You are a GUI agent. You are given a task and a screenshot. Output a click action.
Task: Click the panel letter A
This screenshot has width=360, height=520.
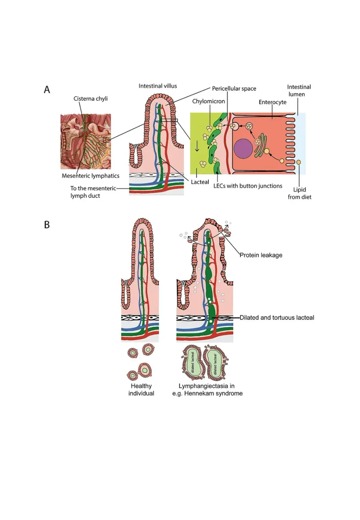(x=47, y=89)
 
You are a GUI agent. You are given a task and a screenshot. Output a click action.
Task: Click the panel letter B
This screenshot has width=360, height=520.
(x=47, y=225)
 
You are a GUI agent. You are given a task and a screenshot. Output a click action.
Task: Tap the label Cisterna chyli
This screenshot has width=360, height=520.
(x=90, y=99)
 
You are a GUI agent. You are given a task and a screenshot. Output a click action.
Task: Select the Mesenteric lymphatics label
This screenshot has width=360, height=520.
(x=90, y=176)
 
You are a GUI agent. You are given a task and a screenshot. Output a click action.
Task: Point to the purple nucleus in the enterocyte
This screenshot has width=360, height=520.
(x=243, y=149)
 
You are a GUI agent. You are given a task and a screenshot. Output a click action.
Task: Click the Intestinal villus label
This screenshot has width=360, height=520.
(x=158, y=86)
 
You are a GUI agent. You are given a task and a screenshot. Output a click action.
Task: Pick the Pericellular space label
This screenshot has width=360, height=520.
(x=234, y=88)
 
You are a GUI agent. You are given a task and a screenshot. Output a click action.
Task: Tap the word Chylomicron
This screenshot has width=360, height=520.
(x=209, y=101)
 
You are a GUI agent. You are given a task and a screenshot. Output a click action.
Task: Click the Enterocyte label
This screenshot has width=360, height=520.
(x=272, y=102)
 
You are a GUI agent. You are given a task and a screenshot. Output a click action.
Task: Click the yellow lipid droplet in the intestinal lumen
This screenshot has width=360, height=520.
(x=298, y=162)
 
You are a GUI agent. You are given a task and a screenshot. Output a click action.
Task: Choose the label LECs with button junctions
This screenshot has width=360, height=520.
(x=248, y=186)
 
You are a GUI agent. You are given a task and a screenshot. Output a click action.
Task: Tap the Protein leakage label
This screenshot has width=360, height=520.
(x=261, y=255)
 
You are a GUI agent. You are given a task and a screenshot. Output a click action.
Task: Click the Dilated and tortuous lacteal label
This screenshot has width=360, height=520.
(x=277, y=317)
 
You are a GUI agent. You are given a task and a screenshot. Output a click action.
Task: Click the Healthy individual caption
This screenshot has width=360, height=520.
(x=141, y=390)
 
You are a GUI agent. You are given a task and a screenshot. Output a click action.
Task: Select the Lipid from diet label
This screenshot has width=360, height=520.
(x=300, y=193)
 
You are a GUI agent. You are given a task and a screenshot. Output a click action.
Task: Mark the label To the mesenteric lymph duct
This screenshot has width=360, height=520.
(x=93, y=192)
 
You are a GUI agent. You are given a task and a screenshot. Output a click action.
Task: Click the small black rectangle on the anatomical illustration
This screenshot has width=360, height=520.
(x=106, y=140)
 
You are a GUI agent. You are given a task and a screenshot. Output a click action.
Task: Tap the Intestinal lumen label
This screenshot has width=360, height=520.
(x=299, y=90)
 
